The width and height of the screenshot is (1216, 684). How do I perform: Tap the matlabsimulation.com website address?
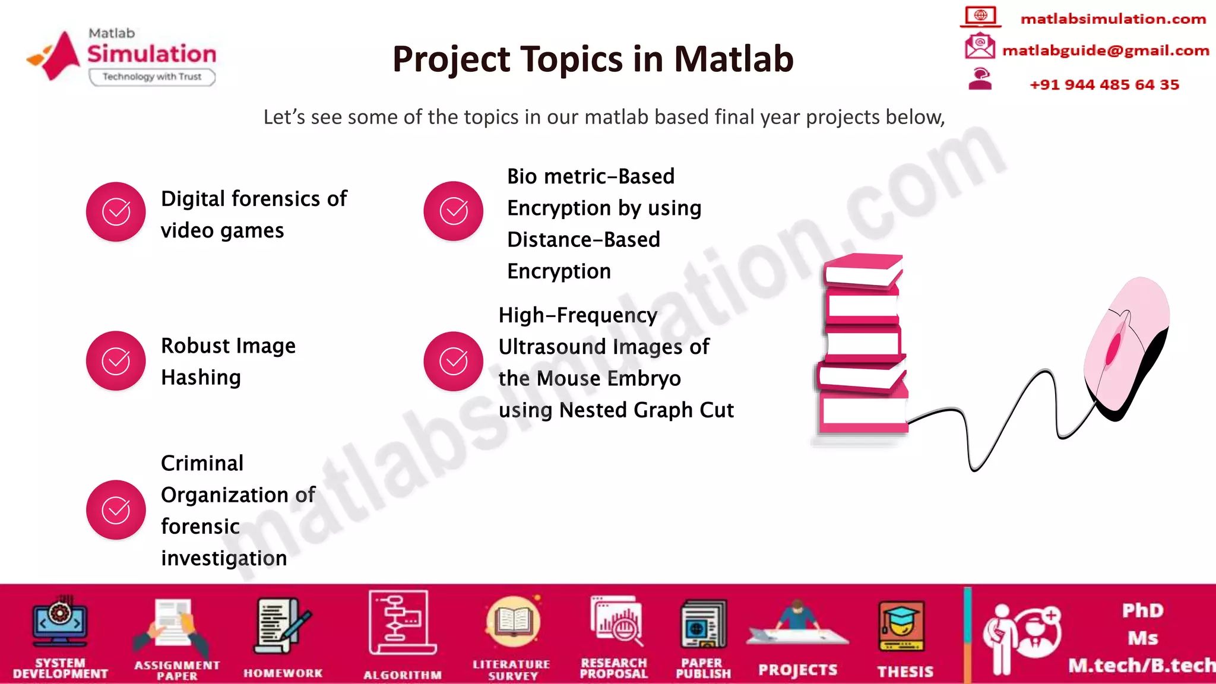coord(1113,19)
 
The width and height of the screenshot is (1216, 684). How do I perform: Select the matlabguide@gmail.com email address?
coord(1106,50)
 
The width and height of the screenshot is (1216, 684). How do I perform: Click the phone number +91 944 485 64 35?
coord(1104,84)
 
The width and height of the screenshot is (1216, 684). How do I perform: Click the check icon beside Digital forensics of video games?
coord(116,211)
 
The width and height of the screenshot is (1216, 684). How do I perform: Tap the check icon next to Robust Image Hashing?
coord(116,360)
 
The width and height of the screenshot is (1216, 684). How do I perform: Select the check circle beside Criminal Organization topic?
coord(116,509)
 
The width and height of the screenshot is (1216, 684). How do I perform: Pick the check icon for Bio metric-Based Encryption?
coord(453,211)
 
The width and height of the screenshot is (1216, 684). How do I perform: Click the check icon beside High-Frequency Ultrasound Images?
coord(453,361)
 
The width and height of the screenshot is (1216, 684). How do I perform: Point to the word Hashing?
coord(201,378)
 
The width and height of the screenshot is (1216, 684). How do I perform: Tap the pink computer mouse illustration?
coord(1125,347)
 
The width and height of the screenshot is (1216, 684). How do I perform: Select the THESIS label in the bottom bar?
coord(905,672)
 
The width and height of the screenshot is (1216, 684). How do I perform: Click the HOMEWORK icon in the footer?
coord(283,626)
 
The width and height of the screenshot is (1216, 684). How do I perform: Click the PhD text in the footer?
coord(1142,610)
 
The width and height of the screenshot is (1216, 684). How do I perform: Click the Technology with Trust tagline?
coord(152,77)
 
